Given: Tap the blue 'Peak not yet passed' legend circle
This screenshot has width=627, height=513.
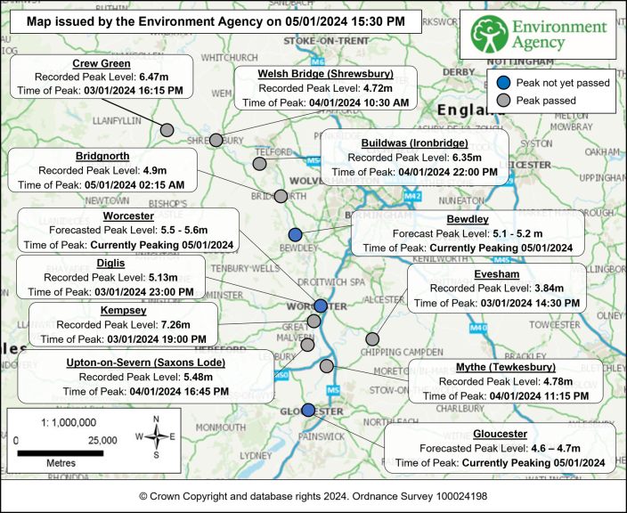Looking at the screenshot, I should click(x=504, y=83).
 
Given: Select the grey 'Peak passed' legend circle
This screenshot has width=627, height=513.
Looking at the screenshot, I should click(x=504, y=101).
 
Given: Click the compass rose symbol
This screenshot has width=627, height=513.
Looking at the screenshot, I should click(x=156, y=436).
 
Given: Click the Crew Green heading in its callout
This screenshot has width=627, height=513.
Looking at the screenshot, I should click(x=101, y=64).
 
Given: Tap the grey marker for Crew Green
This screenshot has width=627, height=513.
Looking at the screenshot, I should click(x=167, y=130).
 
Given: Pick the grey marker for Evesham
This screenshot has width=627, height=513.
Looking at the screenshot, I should click(x=372, y=338).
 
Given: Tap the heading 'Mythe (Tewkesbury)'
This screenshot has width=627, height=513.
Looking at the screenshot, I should click(x=505, y=367).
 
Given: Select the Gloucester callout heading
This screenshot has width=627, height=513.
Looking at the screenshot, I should click(x=500, y=434).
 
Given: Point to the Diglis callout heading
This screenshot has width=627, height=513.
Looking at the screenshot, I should click(x=110, y=264).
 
